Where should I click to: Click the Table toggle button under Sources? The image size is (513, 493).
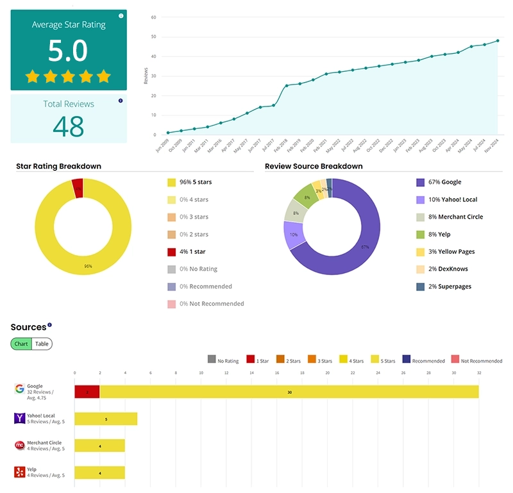(42, 344)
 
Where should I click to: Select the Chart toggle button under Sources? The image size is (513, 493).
(21, 344)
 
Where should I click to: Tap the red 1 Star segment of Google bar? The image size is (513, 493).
(87, 392)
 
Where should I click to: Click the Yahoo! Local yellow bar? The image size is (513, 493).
(106, 419)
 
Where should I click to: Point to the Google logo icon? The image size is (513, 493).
(19, 389)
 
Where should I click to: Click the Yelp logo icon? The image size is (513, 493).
(19, 472)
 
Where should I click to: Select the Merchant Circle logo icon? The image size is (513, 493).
(19, 445)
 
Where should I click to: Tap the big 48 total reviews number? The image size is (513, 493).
(69, 126)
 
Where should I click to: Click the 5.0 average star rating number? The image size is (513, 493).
(68, 51)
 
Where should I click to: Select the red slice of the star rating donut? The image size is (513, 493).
(78, 188)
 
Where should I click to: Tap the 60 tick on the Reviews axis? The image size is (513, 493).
(153, 17)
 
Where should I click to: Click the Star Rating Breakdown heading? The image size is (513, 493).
(58, 166)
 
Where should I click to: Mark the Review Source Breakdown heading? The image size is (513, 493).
(314, 166)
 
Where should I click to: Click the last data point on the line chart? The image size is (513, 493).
(498, 41)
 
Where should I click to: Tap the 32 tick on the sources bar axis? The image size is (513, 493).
(479, 372)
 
